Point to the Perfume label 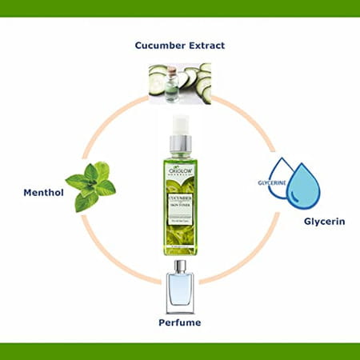tap(178, 322)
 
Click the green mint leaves tap(90, 186)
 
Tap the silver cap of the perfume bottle tap(178, 266)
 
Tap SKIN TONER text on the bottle tap(179, 205)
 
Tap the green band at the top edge tap(180, 8)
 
